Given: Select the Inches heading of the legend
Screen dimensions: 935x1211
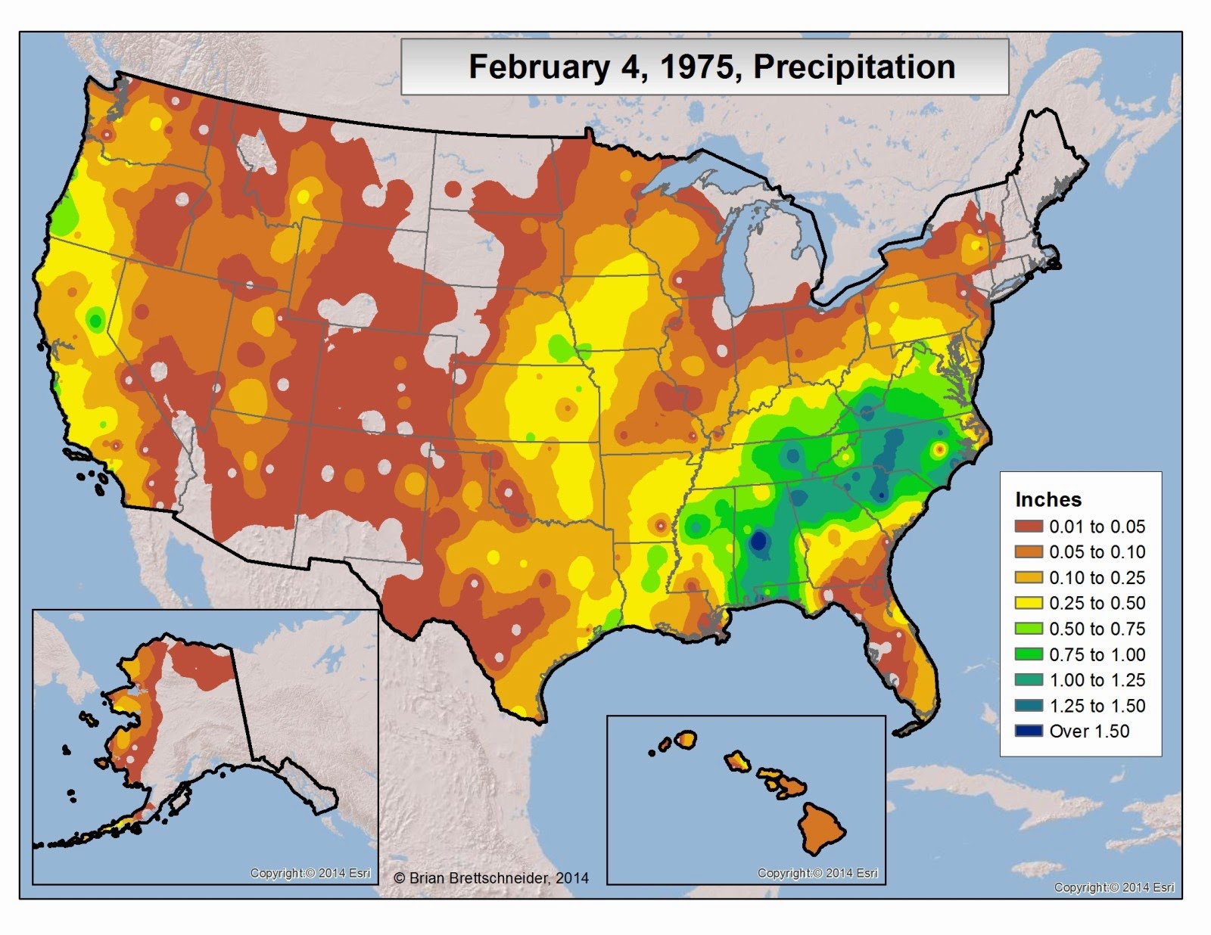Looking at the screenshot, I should pos(1048,499).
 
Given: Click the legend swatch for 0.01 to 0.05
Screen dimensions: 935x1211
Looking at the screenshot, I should pos(1029,527).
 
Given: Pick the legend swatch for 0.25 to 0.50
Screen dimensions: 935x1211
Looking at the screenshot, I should pos(1029,604).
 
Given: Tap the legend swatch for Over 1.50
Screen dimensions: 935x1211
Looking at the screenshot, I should pos(1029,732).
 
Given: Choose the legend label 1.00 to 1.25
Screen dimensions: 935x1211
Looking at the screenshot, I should pos(1097,680).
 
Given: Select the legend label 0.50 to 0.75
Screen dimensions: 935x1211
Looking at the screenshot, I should pos(1097,629).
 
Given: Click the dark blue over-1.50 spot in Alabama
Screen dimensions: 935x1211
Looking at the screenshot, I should pos(758,542).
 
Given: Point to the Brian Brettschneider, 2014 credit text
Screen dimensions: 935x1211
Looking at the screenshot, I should pos(491,878).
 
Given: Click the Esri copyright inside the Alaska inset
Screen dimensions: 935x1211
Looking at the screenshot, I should pos(310,873).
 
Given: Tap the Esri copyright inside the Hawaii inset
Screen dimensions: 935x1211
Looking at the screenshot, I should pos(817,873).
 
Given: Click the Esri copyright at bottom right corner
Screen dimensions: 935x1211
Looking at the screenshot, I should pos(1114,887).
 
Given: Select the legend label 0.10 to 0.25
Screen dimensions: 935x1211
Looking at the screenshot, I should pos(1097,578).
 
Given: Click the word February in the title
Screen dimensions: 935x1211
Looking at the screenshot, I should pos(538,67).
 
